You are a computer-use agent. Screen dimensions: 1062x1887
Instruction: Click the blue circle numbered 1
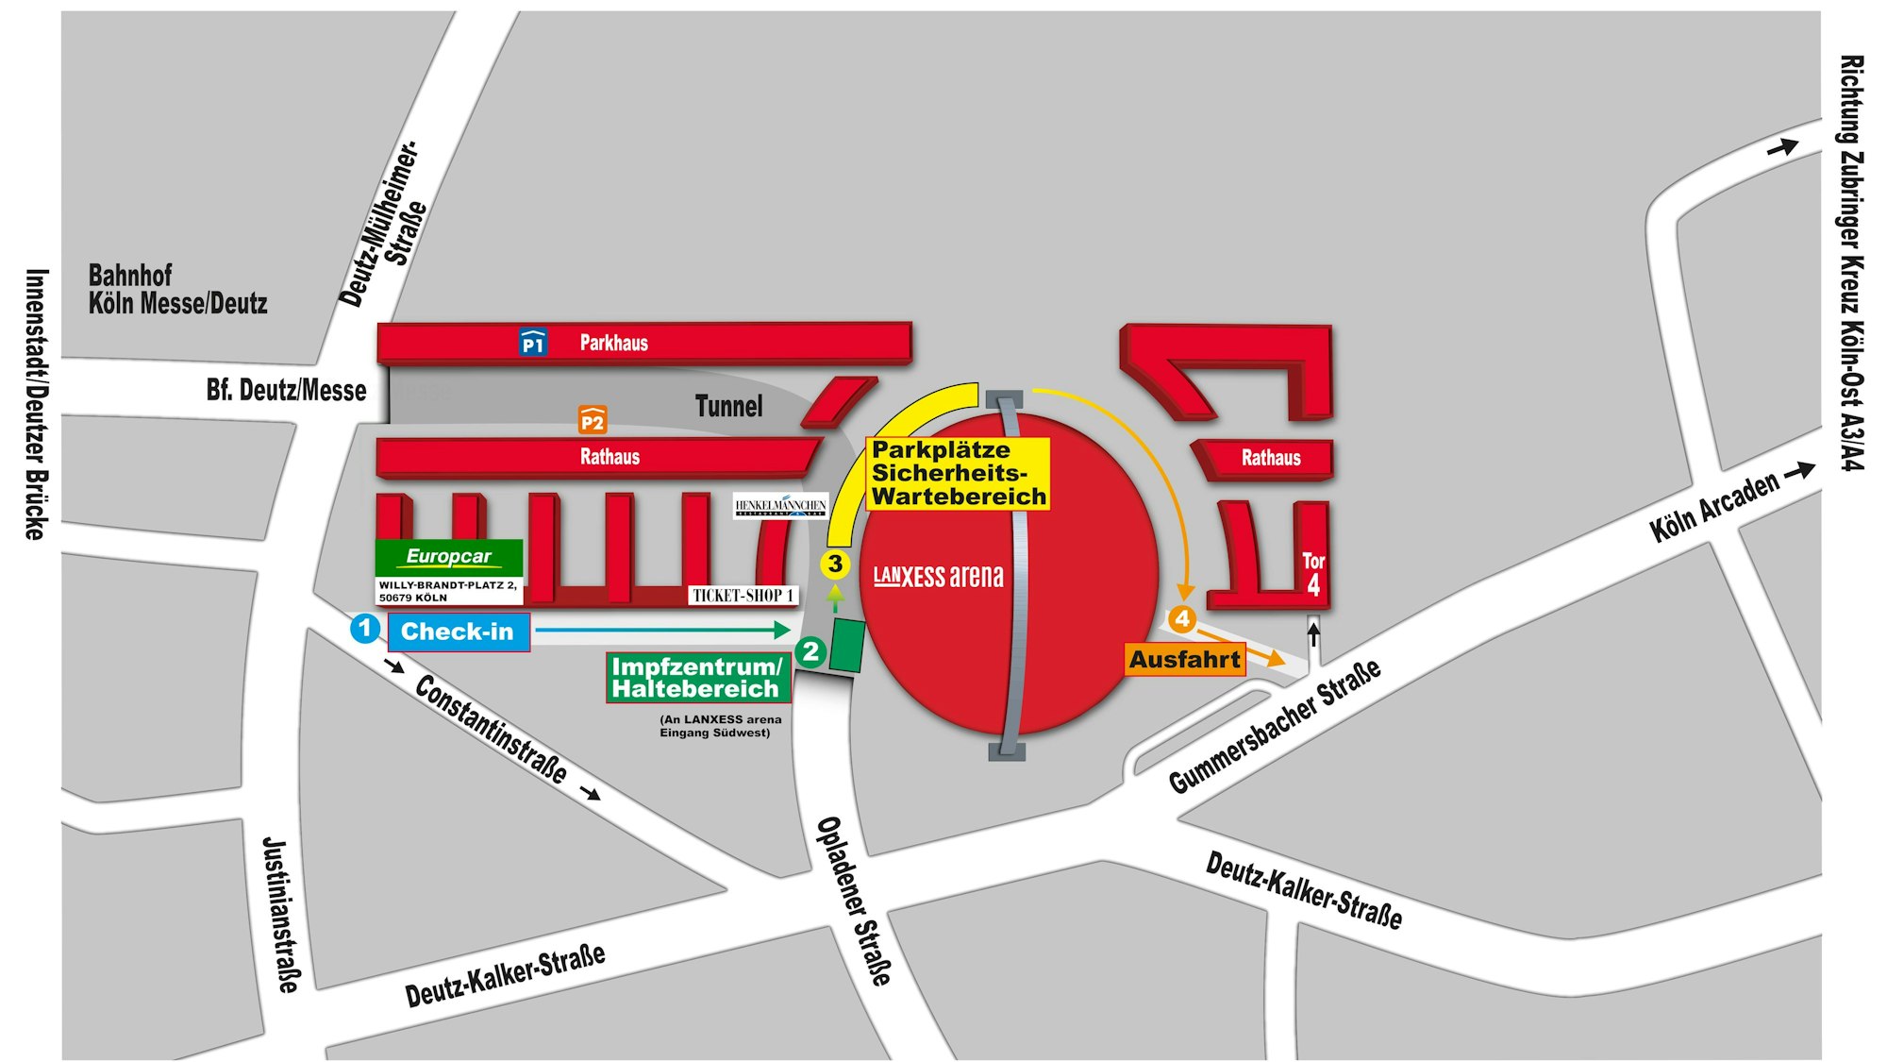(x=365, y=629)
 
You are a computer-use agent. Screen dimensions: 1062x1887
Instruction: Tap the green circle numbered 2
(x=810, y=651)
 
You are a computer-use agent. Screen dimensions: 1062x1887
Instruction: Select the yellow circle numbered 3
(x=835, y=565)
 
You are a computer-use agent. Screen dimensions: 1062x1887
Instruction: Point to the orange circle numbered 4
(x=1182, y=619)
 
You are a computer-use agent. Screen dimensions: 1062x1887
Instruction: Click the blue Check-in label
(x=459, y=632)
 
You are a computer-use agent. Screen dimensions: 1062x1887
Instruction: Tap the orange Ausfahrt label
(x=1185, y=659)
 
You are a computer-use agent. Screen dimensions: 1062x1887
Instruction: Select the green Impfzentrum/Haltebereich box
(x=697, y=678)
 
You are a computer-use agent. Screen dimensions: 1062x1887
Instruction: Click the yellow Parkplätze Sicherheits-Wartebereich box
(x=958, y=473)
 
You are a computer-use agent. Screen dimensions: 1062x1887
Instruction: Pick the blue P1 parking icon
(x=533, y=343)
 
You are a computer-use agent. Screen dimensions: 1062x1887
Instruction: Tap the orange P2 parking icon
(x=593, y=420)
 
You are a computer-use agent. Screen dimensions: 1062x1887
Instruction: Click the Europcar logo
(x=449, y=557)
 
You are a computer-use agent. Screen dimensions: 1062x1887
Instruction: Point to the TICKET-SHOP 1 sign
(x=743, y=596)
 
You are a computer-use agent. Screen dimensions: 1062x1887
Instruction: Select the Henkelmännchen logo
(x=780, y=506)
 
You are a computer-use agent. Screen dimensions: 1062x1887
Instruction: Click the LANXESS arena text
(x=938, y=576)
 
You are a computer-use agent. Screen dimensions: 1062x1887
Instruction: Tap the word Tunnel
(x=728, y=406)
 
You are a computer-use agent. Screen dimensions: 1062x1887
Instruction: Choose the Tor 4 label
(x=1313, y=574)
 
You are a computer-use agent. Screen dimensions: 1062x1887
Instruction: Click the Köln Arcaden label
(x=1713, y=507)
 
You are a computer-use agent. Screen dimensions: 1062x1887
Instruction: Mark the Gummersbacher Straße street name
(x=1275, y=726)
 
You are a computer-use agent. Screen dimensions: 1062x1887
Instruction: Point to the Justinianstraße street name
(x=280, y=914)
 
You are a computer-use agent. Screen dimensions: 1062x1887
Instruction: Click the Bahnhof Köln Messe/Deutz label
(x=177, y=290)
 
